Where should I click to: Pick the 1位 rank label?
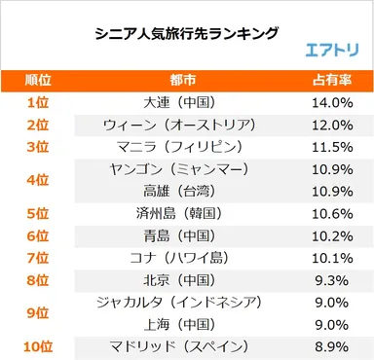click(x=37, y=101)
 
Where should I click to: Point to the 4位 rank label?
click(x=37, y=180)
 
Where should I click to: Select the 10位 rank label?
click(x=37, y=347)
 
